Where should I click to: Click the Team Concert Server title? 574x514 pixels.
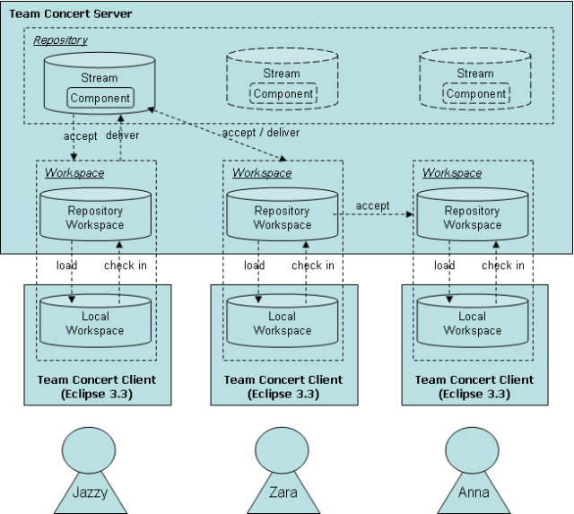[70, 14]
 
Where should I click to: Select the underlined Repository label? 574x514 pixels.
[60, 40]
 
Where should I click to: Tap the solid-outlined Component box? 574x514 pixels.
[100, 97]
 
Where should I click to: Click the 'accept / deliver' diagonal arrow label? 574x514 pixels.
[260, 132]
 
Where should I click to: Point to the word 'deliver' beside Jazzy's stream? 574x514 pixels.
[122, 135]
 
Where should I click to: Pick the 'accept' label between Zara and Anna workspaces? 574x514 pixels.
[372, 205]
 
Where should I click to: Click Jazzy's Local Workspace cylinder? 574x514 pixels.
[96, 323]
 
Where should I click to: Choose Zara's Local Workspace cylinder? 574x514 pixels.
[281, 323]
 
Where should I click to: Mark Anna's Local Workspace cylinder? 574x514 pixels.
[472, 323]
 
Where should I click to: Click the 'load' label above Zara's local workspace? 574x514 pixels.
[255, 266]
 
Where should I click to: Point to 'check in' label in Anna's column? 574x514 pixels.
[502, 266]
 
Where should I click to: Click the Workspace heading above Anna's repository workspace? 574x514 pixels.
[451, 172]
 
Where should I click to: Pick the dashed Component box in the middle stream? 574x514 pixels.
[283, 93]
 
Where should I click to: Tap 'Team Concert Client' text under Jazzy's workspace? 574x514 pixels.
[97, 379]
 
